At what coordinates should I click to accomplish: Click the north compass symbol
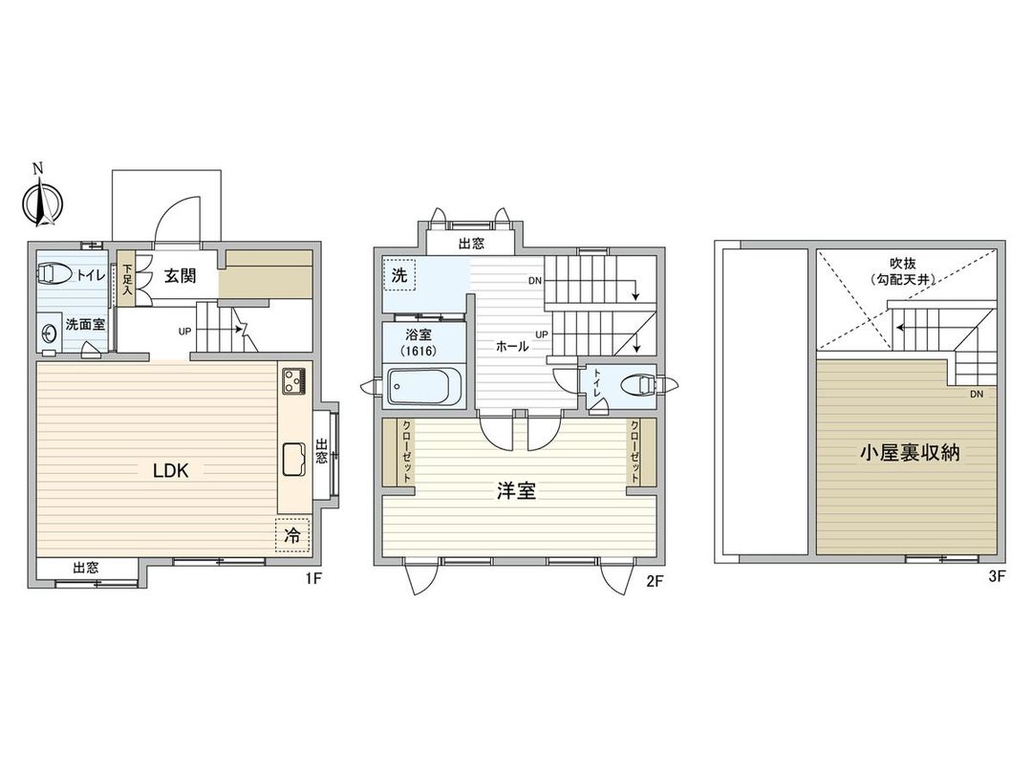click(40, 200)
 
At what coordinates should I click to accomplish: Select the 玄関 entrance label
click(180, 276)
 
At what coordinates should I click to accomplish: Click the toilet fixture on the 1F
click(54, 275)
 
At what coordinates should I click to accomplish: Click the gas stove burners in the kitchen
click(292, 380)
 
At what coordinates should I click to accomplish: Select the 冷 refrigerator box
click(290, 536)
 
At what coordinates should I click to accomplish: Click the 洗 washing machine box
click(399, 273)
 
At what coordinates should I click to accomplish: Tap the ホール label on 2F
click(511, 347)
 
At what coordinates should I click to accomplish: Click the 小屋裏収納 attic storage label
click(907, 453)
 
